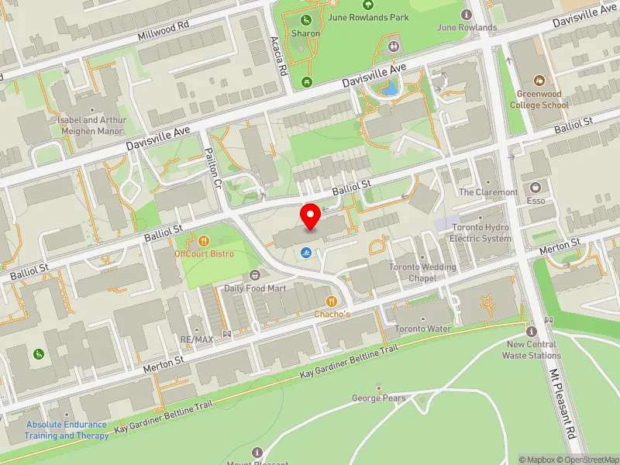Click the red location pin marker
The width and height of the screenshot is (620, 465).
point(311,216)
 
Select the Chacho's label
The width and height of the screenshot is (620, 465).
point(331,314)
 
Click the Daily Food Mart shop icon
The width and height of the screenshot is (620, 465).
point(255,276)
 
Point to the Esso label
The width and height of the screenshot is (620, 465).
point(535,201)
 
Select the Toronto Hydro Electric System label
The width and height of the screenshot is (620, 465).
point(480,233)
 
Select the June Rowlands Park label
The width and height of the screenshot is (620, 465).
point(379,16)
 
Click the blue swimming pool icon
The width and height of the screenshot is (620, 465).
point(308,252)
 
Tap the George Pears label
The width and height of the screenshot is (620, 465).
point(378,398)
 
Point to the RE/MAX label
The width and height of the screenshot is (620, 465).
point(196,339)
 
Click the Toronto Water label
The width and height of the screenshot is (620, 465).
point(422,329)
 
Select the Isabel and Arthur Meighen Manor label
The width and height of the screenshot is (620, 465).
point(91,126)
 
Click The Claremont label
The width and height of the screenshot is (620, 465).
point(488,191)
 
